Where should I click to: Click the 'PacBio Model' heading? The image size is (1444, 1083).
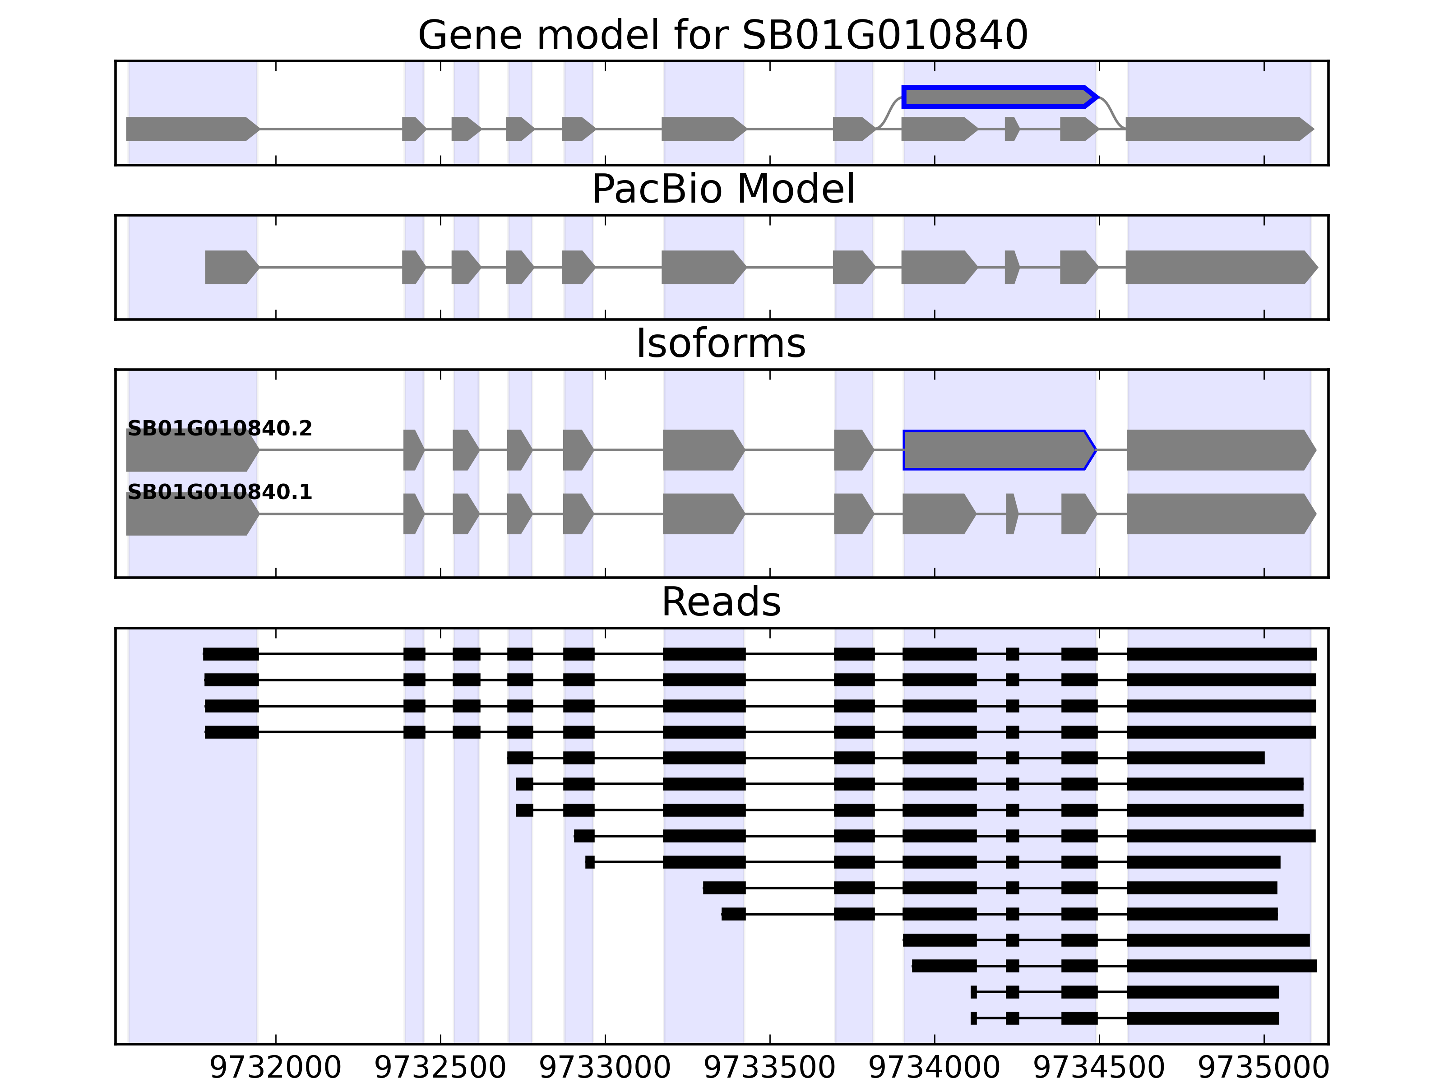click(722, 190)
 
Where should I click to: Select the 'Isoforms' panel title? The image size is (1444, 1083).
click(721, 343)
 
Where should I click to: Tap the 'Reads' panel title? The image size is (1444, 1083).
click(721, 602)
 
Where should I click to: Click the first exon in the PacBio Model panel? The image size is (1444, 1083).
click(230, 267)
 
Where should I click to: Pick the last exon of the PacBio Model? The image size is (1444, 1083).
click(1218, 267)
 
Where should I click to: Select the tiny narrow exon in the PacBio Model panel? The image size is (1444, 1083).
click(1010, 267)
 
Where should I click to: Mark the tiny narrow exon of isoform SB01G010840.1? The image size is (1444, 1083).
click(1011, 514)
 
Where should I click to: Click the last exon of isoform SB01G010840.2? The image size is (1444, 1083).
click(1218, 450)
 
